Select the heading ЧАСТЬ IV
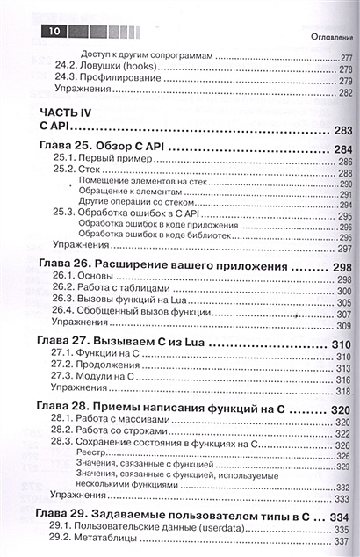67,112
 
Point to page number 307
342,314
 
